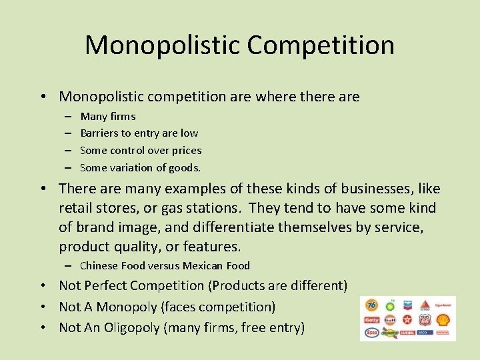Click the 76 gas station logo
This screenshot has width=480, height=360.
tap(371, 305)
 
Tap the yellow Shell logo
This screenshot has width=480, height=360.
tap(443, 320)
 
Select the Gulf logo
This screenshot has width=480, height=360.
tap(390, 320)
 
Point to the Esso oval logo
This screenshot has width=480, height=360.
tap(372, 333)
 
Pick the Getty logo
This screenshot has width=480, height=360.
tap(372, 320)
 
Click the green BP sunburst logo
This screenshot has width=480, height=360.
tap(390, 307)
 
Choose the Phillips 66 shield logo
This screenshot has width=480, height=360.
tap(425, 320)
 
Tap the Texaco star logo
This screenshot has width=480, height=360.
tap(407, 319)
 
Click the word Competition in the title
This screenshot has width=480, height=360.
tap(321, 45)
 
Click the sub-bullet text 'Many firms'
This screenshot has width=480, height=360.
tap(107, 116)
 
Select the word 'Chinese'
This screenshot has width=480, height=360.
tap(99, 266)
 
